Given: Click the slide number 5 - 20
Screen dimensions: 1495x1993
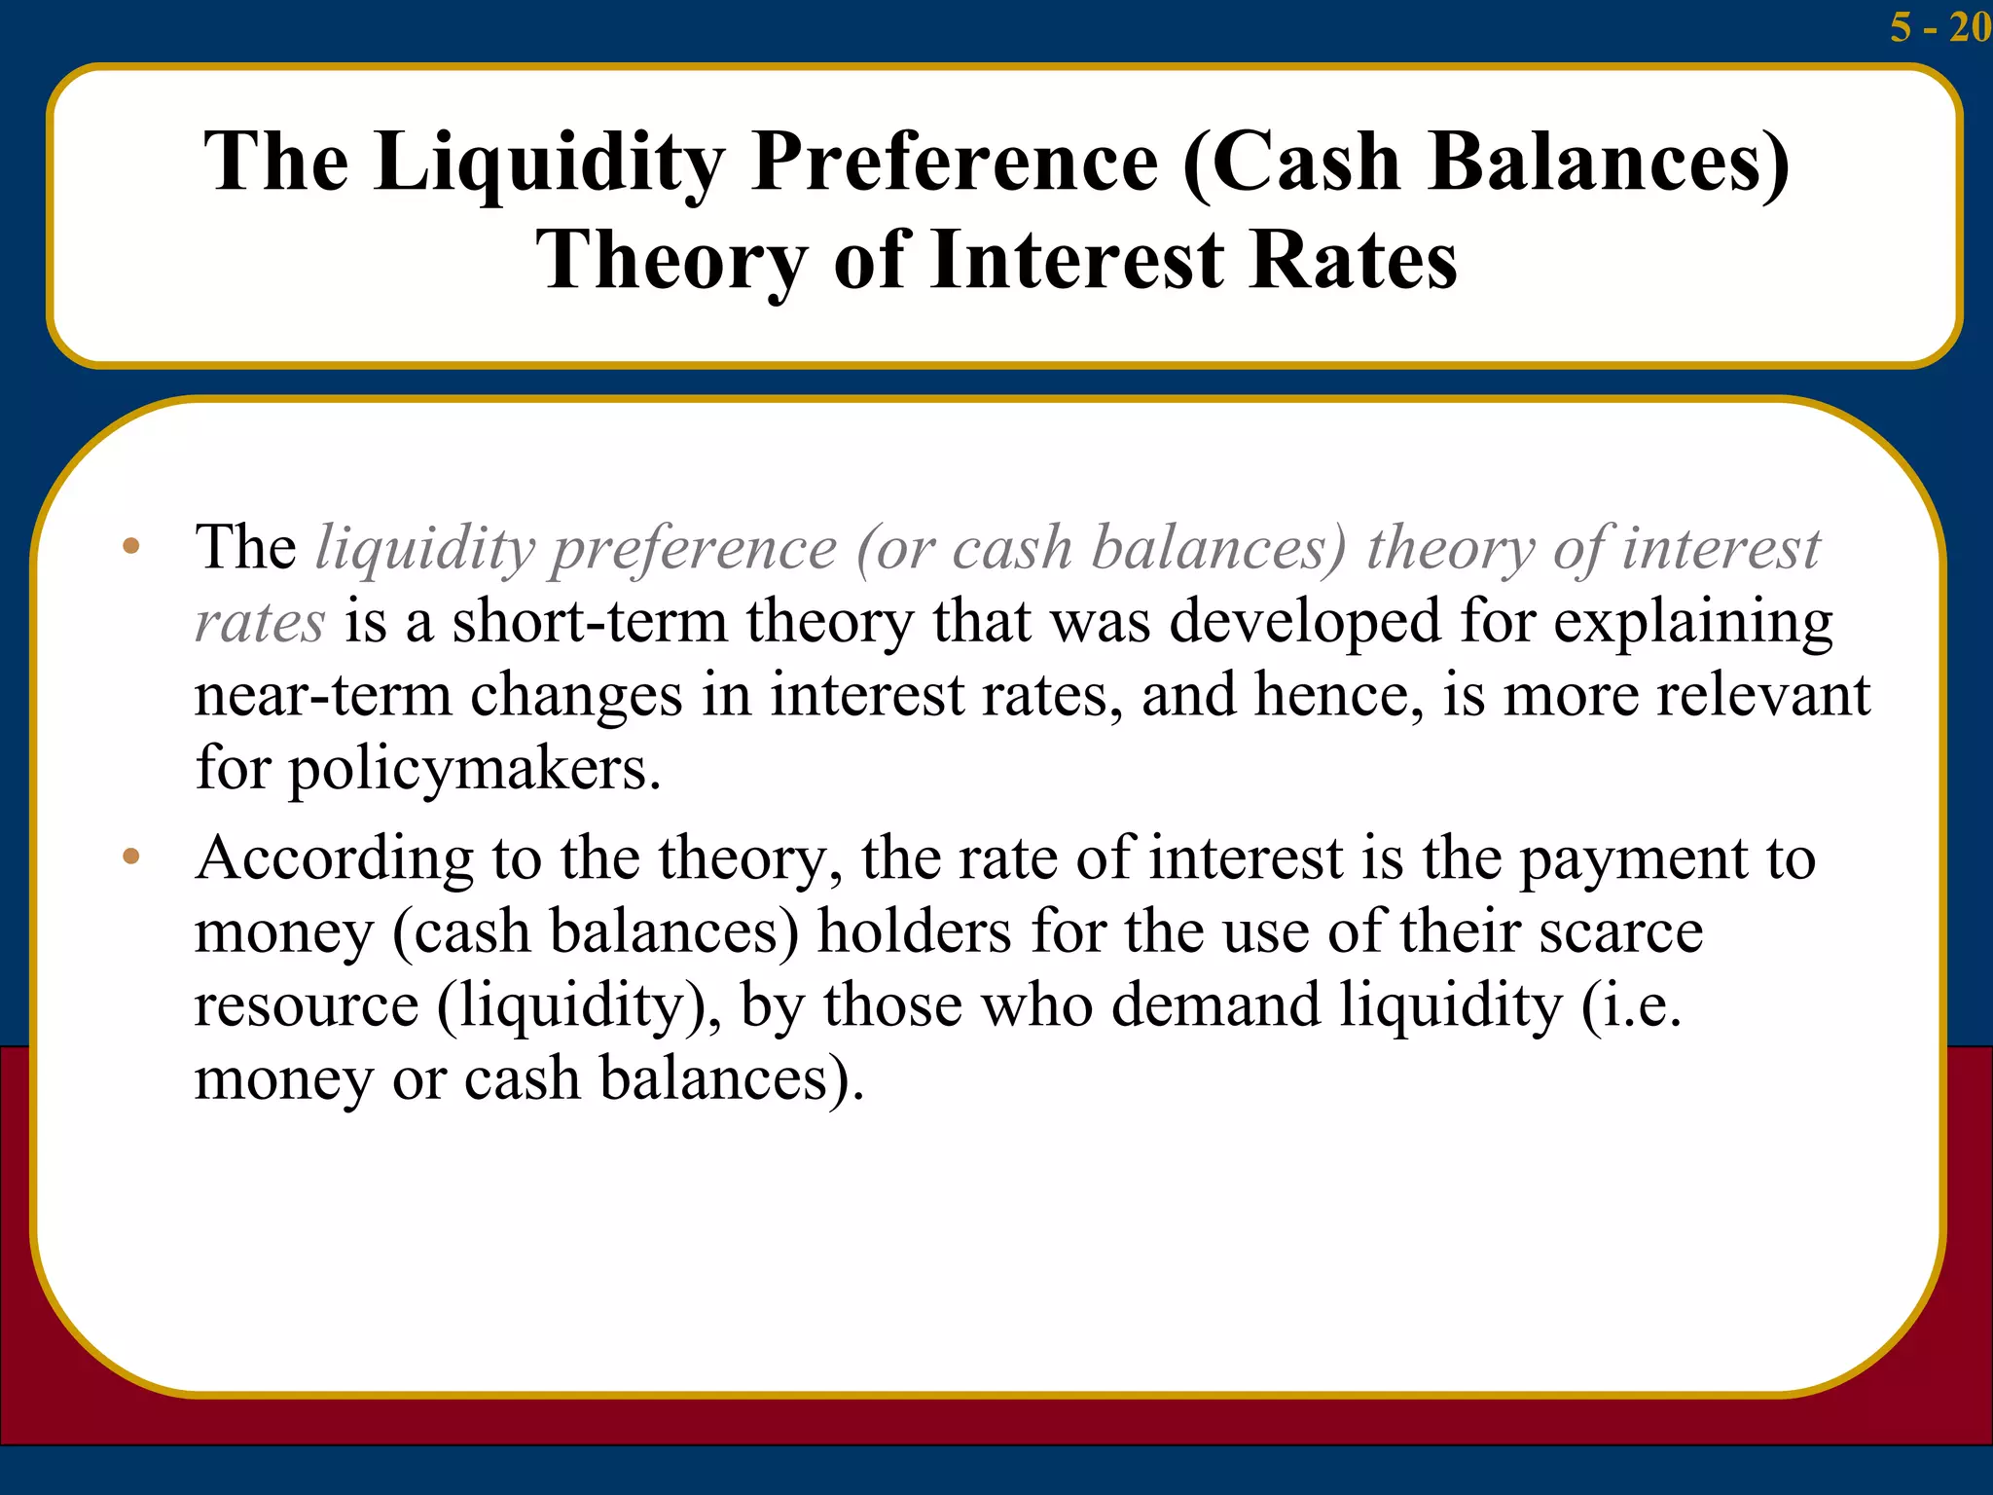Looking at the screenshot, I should (1939, 26).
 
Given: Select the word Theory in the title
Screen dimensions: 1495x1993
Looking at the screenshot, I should (671, 261).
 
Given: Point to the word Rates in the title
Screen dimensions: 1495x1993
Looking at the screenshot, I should (1354, 261).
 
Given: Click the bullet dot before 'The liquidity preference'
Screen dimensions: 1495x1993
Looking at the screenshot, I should (131, 547).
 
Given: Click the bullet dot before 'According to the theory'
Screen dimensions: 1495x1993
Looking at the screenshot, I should (131, 857).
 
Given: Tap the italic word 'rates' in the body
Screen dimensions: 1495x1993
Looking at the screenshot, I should (259, 623).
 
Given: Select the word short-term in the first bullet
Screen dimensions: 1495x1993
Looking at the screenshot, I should (590, 621).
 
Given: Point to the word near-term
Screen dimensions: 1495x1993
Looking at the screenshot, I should (322, 695).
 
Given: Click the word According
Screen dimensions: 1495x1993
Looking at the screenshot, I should (334, 859).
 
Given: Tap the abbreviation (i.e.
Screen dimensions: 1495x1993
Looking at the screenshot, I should (1631, 1004).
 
